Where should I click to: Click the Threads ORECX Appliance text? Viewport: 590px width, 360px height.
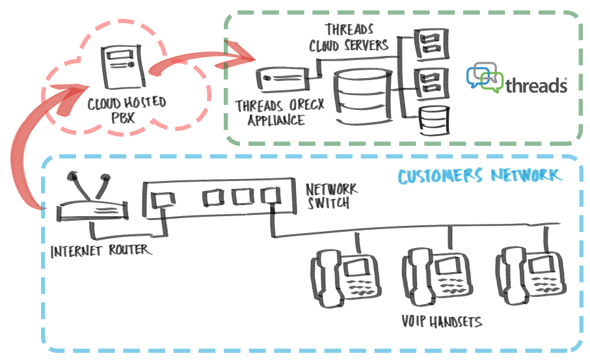[x=270, y=112]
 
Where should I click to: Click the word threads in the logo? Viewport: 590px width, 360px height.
[x=536, y=85]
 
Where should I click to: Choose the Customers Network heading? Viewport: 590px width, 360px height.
[x=478, y=176]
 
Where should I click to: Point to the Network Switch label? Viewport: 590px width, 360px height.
[x=332, y=195]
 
